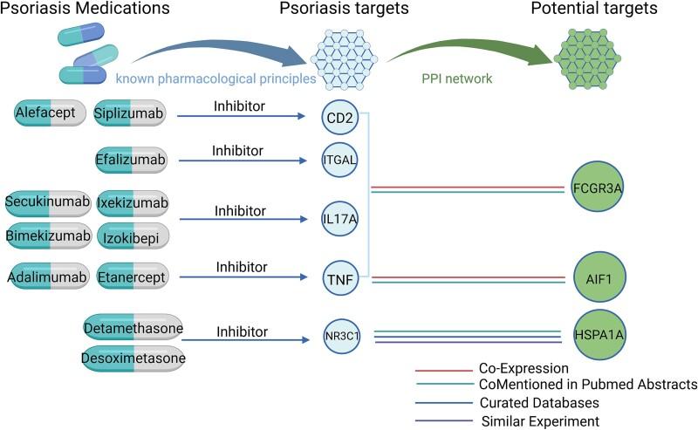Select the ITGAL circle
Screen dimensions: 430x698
(x=339, y=160)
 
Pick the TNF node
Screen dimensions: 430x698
(x=339, y=278)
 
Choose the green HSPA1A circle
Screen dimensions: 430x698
(x=598, y=332)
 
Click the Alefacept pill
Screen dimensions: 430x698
(x=50, y=113)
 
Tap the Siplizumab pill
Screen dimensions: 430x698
(x=132, y=113)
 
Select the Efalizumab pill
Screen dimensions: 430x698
(x=132, y=160)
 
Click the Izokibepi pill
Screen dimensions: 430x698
(x=132, y=235)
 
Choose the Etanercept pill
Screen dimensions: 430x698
(x=132, y=277)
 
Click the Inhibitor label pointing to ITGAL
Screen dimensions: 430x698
(x=238, y=151)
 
